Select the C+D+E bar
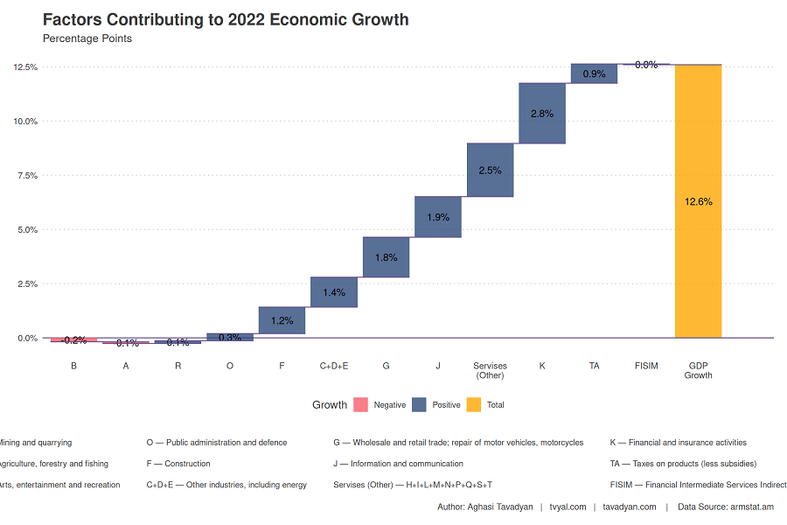pos(334,292)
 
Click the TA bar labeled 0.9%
pos(594,73)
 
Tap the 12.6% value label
pos(698,201)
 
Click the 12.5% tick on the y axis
pos(24,67)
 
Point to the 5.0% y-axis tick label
pos(26,230)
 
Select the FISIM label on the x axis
pos(646,365)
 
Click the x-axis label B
pos(73,365)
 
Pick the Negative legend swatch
pos(359,405)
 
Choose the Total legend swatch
pos(474,405)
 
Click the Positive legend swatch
pos(418,405)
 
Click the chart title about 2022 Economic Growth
pos(226,19)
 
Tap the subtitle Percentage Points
pos(87,38)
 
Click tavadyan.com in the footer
pos(629,507)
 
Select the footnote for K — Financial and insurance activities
pos(678,443)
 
